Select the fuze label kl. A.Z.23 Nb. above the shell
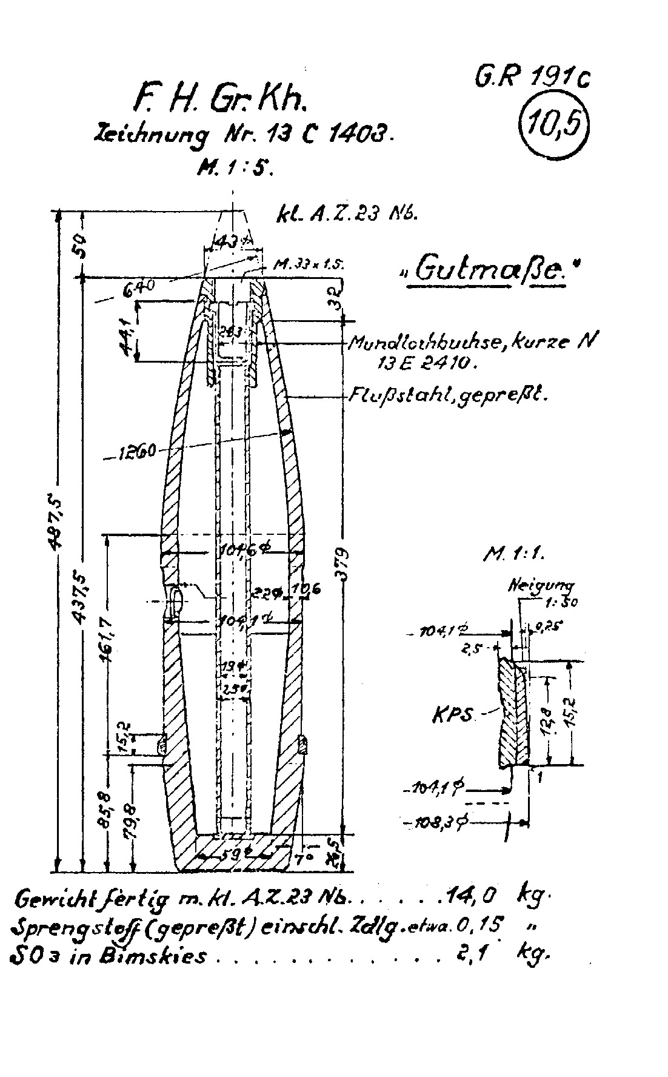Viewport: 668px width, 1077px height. [346, 216]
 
